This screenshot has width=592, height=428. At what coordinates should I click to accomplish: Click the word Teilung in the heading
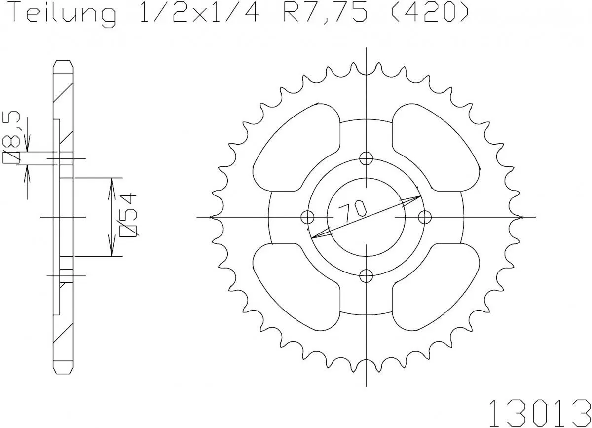point(64,14)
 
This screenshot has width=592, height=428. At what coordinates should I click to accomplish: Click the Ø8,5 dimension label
point(12,137)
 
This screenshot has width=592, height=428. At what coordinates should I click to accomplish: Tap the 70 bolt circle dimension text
point(351,211)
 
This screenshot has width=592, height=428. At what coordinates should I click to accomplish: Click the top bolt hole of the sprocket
point(366,158)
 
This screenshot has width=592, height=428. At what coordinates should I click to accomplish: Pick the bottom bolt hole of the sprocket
point(366,275)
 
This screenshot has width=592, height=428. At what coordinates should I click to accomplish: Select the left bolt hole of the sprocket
point(308,217)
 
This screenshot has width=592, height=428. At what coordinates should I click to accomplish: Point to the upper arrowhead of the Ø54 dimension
point(112,182)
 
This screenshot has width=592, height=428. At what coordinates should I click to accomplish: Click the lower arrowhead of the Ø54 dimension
point(112,252)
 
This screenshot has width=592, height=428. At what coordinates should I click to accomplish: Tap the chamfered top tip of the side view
point(63,63)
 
